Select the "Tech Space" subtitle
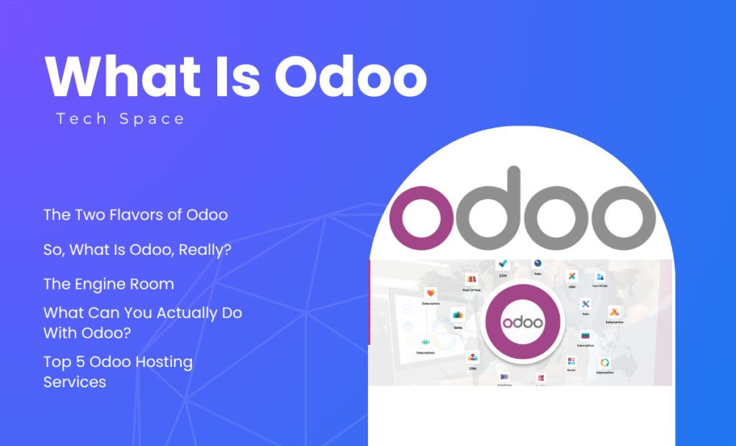(x=120, y=119)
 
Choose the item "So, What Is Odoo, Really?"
(x=142, y=249)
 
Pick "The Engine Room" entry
(x=109, y=284)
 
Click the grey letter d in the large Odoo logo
(x=494, y=208)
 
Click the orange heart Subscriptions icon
(x=431, y=294)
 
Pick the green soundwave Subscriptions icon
(x=425, y=343)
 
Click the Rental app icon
(x=571, y=362)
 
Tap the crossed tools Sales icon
(x=585, y=305)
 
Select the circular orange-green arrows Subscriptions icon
(x=604, y=363)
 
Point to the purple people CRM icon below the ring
(x=472, y=357)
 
